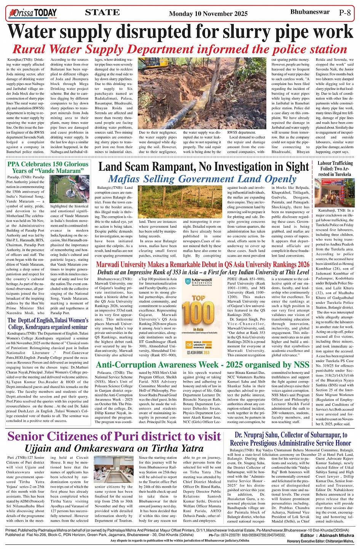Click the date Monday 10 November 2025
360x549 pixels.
208,14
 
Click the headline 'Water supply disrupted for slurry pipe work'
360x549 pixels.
181,32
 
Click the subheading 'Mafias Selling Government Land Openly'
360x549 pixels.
202,179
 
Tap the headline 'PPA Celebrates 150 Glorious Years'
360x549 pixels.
48,168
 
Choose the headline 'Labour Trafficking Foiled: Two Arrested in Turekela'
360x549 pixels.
335,169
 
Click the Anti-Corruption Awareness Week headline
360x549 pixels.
202,365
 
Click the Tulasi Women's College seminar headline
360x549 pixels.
48,324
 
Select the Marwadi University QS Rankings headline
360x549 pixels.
202,265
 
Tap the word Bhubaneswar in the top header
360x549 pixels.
310,12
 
